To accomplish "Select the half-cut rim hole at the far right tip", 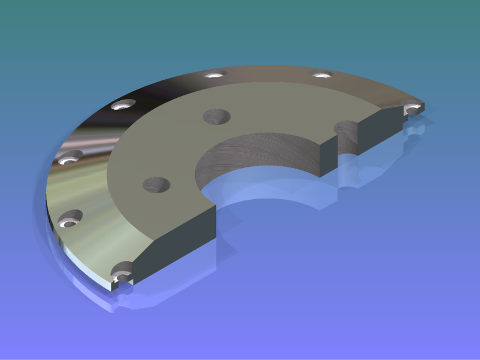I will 413,109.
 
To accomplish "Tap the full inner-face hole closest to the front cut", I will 156,185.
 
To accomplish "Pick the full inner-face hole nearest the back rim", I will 217,116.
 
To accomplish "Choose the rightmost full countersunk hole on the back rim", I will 320,74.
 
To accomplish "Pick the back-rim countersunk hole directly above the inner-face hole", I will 214,75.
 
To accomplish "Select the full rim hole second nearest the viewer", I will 70,218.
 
